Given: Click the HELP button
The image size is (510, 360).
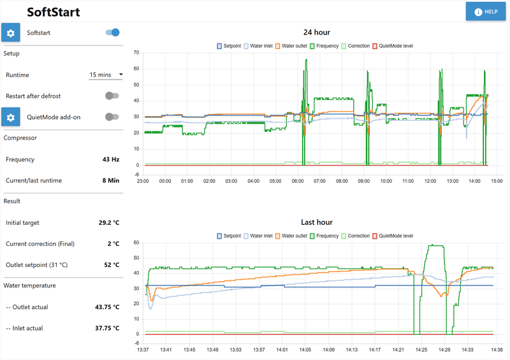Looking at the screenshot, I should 486,11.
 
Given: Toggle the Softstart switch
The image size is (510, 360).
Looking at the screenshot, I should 113,32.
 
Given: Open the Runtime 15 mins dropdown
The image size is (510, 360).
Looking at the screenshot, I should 106,75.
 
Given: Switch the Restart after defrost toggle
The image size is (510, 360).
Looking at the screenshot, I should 112,96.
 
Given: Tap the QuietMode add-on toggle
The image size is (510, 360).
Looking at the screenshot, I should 112,117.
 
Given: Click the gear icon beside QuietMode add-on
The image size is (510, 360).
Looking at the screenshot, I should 10,117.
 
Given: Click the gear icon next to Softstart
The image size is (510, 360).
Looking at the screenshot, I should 10,32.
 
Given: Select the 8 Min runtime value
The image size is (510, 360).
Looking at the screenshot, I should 110,180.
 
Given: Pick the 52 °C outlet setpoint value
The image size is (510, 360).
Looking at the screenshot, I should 109,264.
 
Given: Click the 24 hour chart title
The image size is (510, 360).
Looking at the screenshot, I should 316,32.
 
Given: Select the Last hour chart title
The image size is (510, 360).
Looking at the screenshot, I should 316,222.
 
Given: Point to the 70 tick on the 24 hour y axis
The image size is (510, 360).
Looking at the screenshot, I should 136,52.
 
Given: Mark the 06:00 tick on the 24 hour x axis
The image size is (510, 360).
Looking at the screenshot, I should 297,180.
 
